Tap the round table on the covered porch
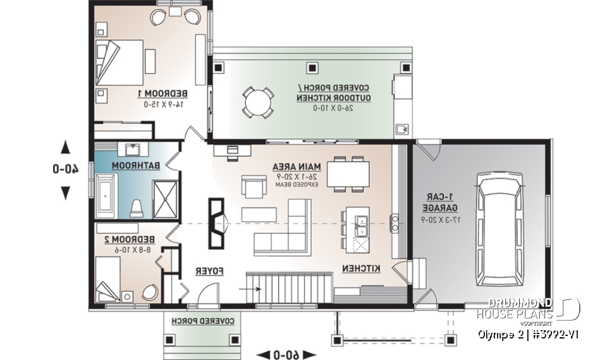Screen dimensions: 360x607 (258, 101)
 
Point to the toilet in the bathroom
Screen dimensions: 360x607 (135, 208)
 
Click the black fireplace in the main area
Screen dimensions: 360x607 (217, 225)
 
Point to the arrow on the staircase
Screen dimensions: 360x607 (251, 290)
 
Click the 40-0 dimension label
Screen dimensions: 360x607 (65, 170)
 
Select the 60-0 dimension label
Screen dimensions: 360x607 (285, 352)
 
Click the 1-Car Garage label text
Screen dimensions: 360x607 (439, 202)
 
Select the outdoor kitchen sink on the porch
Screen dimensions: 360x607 (401, 130)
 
